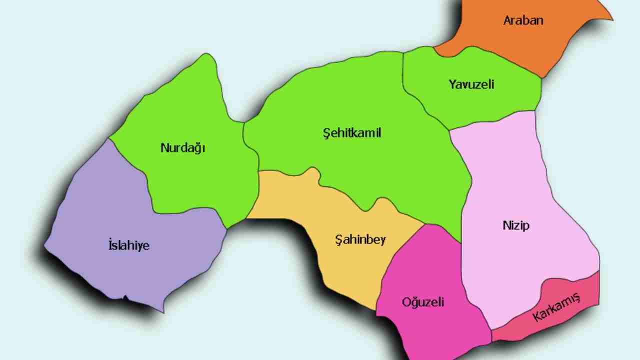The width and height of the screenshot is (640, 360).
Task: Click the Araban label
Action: [523, 21]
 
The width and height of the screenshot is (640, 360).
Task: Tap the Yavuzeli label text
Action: [471, 84]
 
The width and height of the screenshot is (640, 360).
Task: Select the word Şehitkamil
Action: [352, 133]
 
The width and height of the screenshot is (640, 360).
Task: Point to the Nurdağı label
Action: [183, 148]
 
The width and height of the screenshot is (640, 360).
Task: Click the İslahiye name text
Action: [129, 245]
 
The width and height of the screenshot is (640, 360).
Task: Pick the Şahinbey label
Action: [360, 239]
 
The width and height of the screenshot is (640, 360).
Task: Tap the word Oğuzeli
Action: [423, 302]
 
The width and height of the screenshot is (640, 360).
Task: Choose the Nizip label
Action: [516, 225]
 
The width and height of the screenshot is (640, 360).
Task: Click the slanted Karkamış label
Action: [556, 307]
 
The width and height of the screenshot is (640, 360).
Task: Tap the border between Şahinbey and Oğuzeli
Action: [400, 250]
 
